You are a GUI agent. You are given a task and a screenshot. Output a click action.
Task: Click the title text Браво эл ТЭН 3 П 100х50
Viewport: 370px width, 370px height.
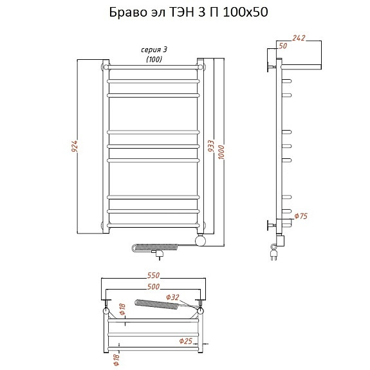tap(189, 12)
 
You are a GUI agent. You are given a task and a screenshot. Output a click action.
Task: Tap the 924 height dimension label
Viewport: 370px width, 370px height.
tap(75, 146)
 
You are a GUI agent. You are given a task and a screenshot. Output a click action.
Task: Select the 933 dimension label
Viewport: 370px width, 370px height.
tap(211, 146)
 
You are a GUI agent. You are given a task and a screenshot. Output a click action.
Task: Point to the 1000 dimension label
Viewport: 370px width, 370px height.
tap(221, 153)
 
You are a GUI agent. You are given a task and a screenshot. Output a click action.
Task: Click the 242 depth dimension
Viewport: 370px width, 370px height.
tap(299, 38)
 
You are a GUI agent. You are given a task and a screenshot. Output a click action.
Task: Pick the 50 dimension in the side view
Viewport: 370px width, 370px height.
tap(282, 46)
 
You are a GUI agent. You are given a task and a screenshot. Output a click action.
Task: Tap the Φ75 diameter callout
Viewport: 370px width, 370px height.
tap(301, 216)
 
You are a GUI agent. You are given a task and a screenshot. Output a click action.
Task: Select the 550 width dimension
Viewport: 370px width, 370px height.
tap(153, 275)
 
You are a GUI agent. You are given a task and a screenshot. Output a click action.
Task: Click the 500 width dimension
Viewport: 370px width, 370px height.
tap(153, 286)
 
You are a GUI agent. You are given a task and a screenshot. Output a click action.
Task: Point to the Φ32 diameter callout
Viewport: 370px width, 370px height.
tap(172, 297)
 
